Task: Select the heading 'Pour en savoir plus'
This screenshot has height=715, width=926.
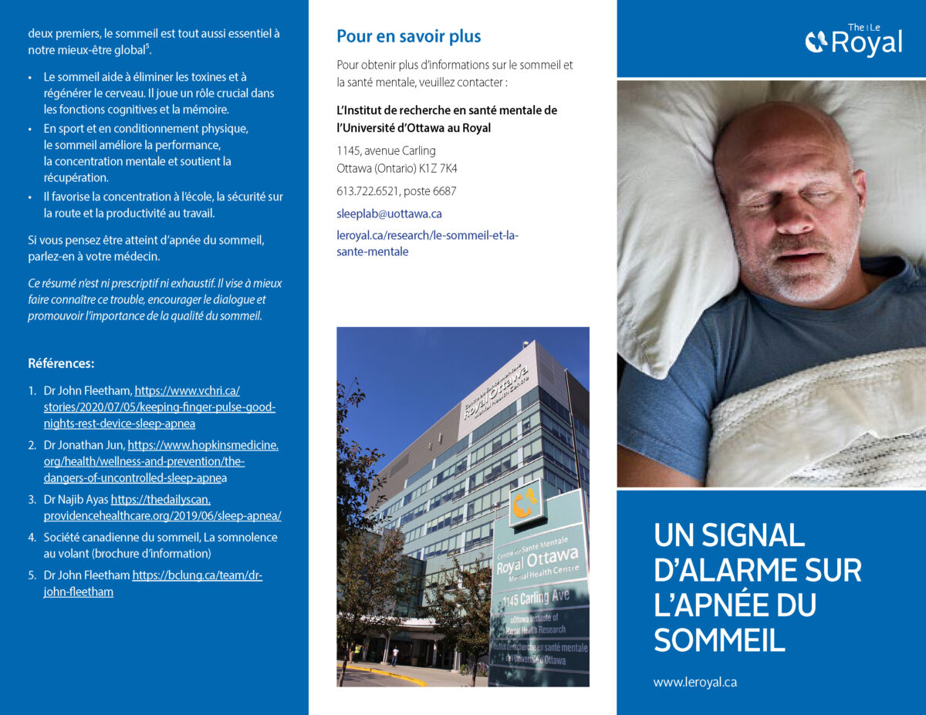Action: click(x=408, y=36)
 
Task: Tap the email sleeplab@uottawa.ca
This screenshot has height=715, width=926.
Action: click(x=389, y=214)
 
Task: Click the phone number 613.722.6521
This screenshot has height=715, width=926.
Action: click(x=369, y=191)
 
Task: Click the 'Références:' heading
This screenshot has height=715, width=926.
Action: click(x=61, y=363)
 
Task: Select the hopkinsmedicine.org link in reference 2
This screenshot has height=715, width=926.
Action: click(x=162, y=462)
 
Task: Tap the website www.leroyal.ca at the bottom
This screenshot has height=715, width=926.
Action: click(x=694, y=683)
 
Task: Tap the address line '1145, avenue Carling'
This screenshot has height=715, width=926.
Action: click(x=386, y=150)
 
